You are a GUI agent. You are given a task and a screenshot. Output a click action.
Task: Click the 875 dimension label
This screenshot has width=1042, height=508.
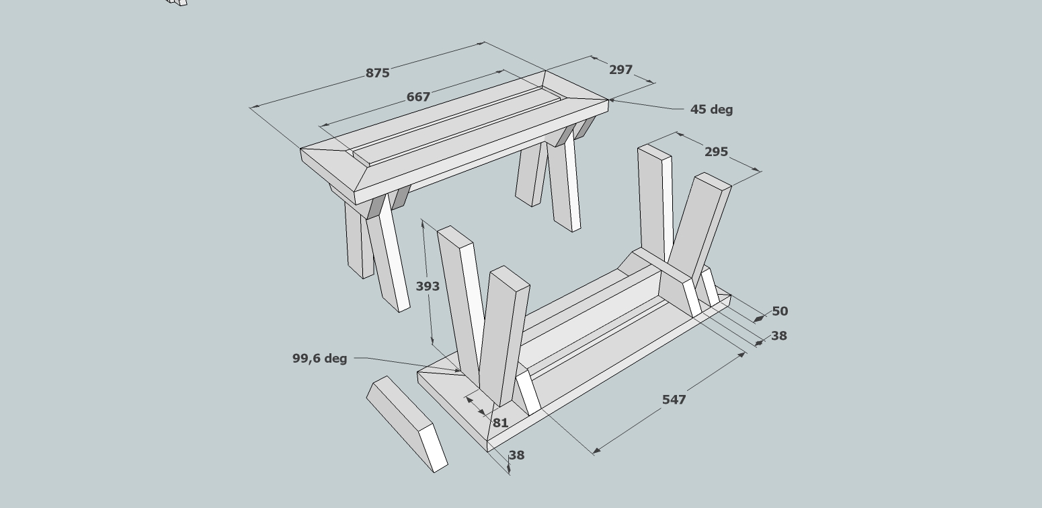click(377, 73)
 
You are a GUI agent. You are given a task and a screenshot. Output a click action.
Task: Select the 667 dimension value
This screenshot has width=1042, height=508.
click(418, 97)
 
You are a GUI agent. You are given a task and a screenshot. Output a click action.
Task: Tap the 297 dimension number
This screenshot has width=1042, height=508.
click(621, 70)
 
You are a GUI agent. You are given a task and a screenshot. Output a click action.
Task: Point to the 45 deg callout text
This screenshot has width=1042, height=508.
click(711, 110)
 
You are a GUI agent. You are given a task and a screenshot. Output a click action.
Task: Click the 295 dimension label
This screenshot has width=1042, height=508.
click(717, 152)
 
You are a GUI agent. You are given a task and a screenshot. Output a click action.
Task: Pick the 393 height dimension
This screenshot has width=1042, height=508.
click(428, 287)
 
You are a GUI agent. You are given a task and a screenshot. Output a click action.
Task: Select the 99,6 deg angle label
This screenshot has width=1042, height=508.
click(319, 359)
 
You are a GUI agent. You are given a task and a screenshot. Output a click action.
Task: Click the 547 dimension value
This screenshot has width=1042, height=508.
click(674, 400)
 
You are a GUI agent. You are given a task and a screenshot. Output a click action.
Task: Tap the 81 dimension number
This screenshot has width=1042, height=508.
click(501, 423)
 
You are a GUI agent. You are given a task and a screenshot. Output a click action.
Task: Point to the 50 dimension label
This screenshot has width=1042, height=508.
click(780, 311)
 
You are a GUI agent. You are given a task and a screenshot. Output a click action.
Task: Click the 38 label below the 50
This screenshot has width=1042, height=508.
click(779, 336)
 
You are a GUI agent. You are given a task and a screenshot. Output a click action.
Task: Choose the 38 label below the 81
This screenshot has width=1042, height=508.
click(517, 455)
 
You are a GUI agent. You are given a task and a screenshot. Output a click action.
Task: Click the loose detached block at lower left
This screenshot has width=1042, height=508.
click(407, 424)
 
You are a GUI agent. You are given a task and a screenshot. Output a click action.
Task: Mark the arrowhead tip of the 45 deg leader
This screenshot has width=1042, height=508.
click(609, 100)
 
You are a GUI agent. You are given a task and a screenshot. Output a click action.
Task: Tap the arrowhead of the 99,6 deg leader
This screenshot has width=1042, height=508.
click(461, 371)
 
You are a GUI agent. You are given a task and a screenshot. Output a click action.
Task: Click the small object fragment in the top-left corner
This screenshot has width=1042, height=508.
click(177, 2)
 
